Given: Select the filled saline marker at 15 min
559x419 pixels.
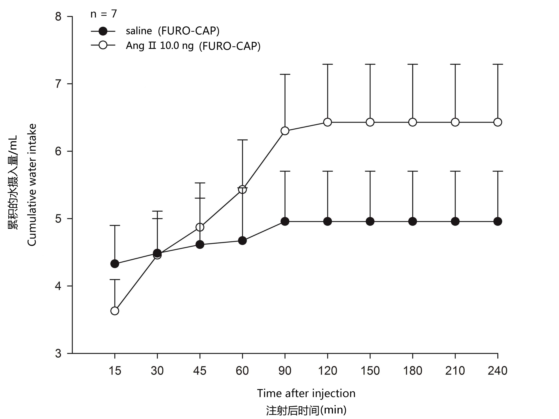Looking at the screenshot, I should pos(115,264).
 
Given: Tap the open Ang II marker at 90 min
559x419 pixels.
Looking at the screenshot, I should pos(285,131).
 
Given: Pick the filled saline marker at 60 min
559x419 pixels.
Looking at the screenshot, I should pos(242,241).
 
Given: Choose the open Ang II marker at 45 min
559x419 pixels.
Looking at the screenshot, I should pos(200,227).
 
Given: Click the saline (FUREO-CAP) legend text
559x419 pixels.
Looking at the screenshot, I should pos(173,31).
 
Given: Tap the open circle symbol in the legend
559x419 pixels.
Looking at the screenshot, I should pos(103,46).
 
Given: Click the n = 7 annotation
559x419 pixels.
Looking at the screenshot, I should pos(104,14).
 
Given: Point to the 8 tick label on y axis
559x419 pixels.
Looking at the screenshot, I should pos(58,17).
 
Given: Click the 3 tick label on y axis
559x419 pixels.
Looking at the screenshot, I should pos(58,353).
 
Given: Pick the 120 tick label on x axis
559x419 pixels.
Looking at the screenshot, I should pos(328,371).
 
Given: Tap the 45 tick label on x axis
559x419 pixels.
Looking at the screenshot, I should pos(200,371).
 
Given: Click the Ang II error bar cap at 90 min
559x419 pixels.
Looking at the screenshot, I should pos(285,75).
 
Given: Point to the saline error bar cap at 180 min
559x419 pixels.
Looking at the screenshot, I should pos(412,171).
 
